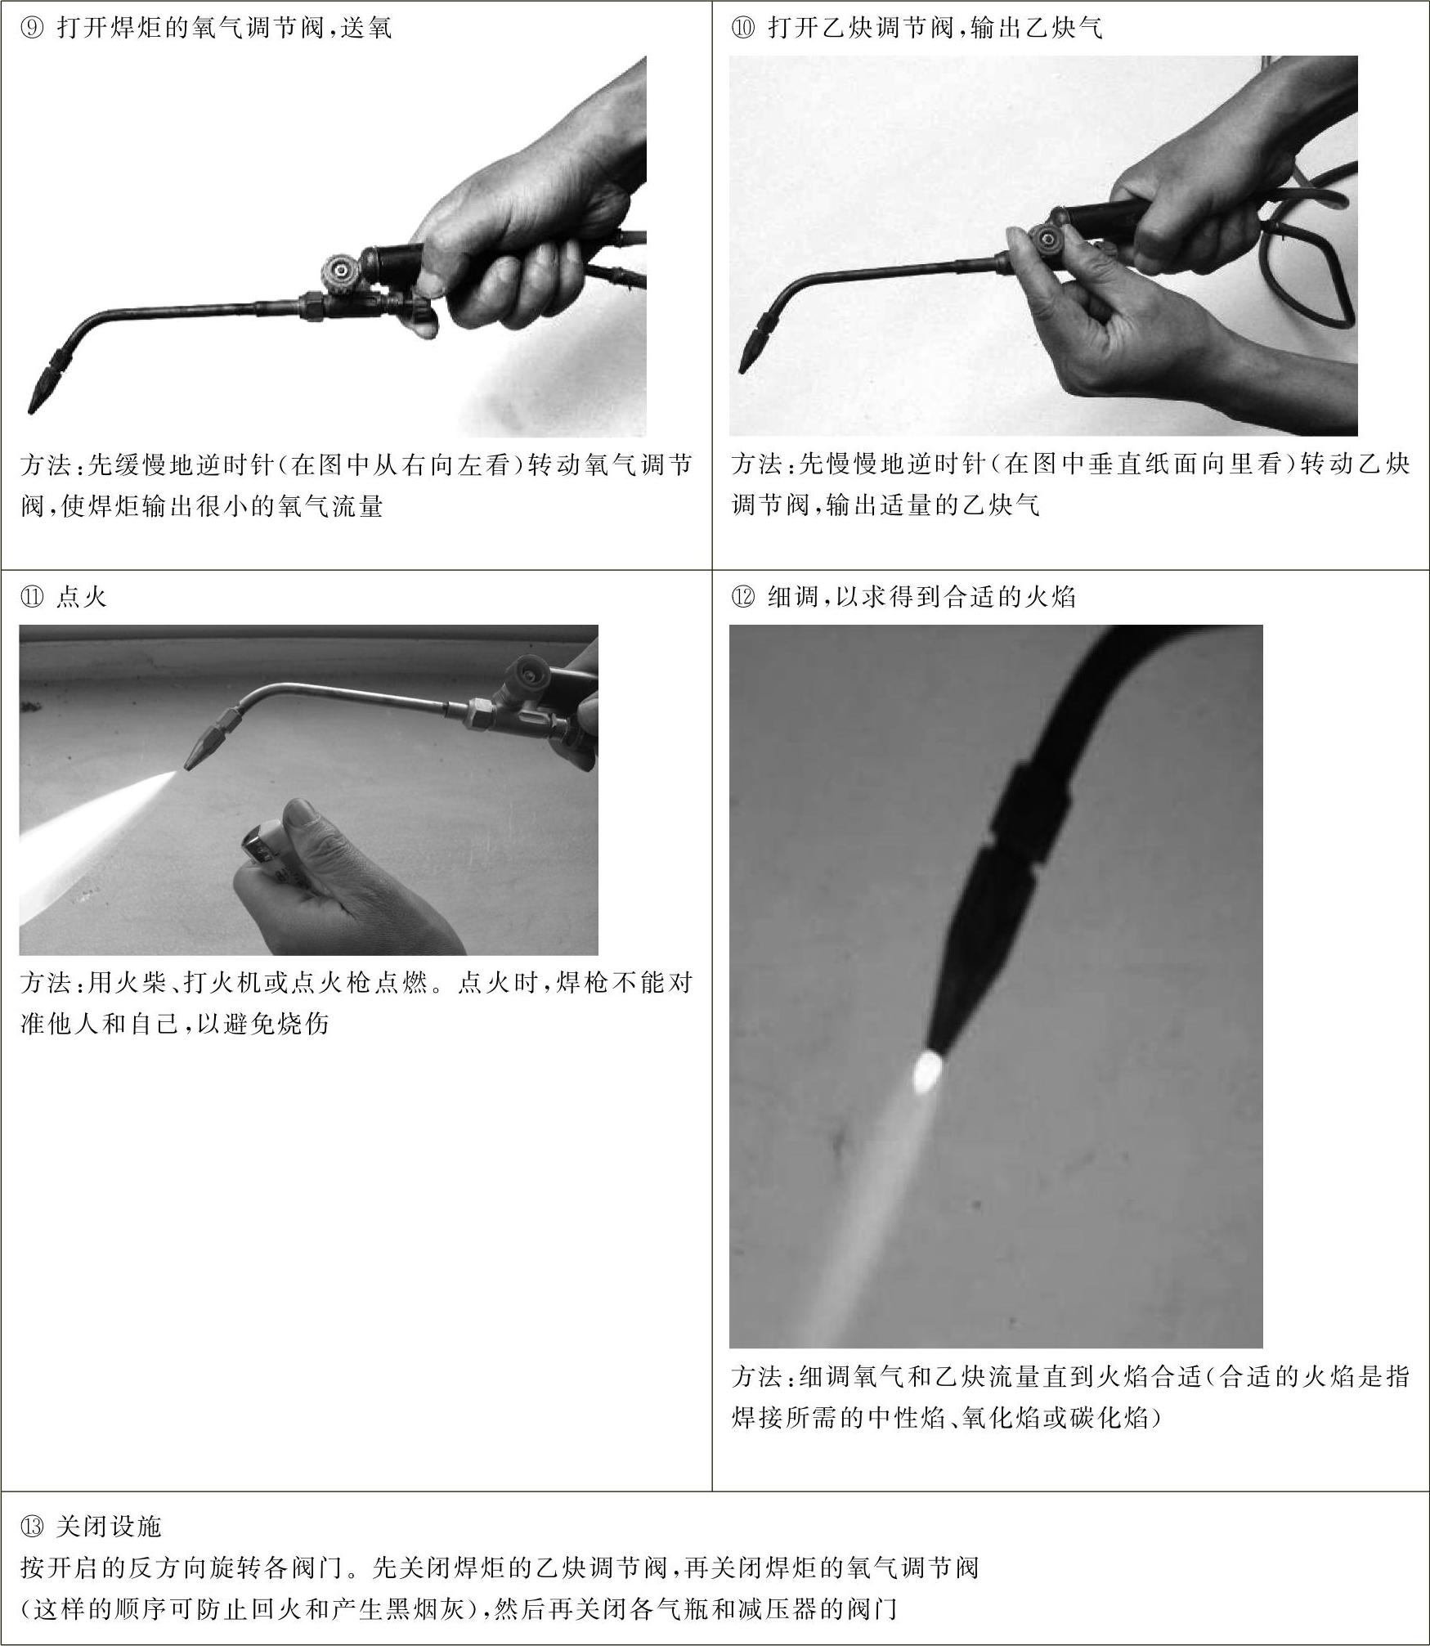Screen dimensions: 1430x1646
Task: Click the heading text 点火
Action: pos(82,597)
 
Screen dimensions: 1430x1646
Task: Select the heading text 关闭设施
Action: pos(109,1526)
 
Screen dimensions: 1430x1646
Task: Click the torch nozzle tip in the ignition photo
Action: pos(187,767)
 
